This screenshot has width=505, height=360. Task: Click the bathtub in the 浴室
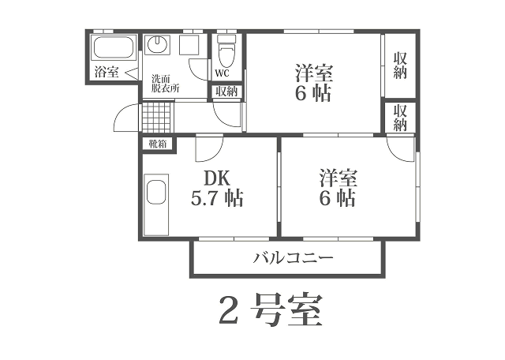pyautogui.click(x=113, y=47)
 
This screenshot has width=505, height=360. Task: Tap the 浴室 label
pyautogui.click(x=107, y=72)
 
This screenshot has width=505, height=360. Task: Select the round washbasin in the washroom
pyautogui.click(x=157, y=44)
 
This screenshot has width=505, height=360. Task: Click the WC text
pyautogui.click(x=222, y=73)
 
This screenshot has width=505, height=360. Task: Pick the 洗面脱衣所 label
pyautogui.click(x=165, y=84)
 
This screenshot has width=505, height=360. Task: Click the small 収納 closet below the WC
pyautogui.click(x=226, y=92)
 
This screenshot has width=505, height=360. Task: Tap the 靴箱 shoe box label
pyautogui.click(x=158, y=144)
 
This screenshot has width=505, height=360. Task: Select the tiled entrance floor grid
pyautogui.click(x=156, y=117)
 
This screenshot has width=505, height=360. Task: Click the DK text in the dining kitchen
pyautogui.click(x=217, y=178)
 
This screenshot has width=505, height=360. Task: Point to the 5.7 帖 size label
pyautogui.click(x=217, y=198)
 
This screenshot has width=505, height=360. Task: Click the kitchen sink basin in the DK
pyautogui.click(x=157, y=193)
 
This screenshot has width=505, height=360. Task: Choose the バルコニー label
pyautogui.click(x=293, y=258)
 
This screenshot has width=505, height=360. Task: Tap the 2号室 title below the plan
pyautogui.click(x=271, y=309)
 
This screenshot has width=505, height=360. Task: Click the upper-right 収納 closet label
pyautogui.click(x=400, y=66)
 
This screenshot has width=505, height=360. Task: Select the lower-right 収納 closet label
pyautogui.click(x=400, y=118)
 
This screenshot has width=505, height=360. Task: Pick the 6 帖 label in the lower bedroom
pyautogui.click(x=338, y=198)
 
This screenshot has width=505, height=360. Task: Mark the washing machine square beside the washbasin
pyautogui.click(x=189, y=44)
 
